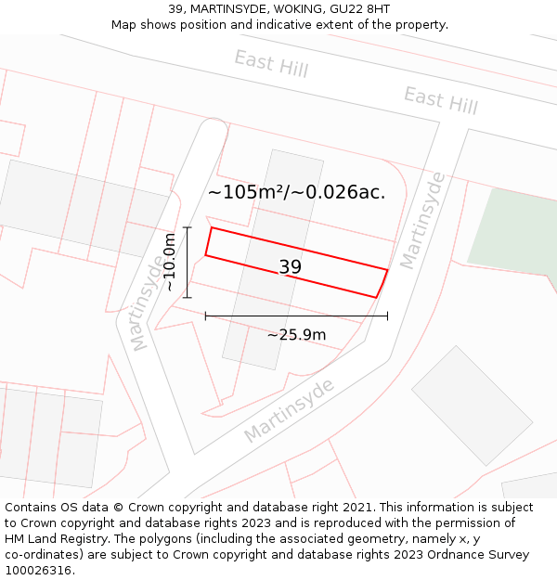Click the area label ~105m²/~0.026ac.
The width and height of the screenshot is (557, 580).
tap(296, 192)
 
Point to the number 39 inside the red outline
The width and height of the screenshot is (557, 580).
tap(290, 267)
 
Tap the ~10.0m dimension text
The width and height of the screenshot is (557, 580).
tap(170, 263)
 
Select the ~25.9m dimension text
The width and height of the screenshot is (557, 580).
tap(296, 334)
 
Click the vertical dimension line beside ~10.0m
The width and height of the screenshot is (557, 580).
tap(188, 263)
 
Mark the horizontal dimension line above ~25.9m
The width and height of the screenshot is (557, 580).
tap(296, 316)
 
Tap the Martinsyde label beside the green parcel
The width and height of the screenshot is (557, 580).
tap(422, 221)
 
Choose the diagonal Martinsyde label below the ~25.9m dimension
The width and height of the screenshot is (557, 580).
tap(289, 410)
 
